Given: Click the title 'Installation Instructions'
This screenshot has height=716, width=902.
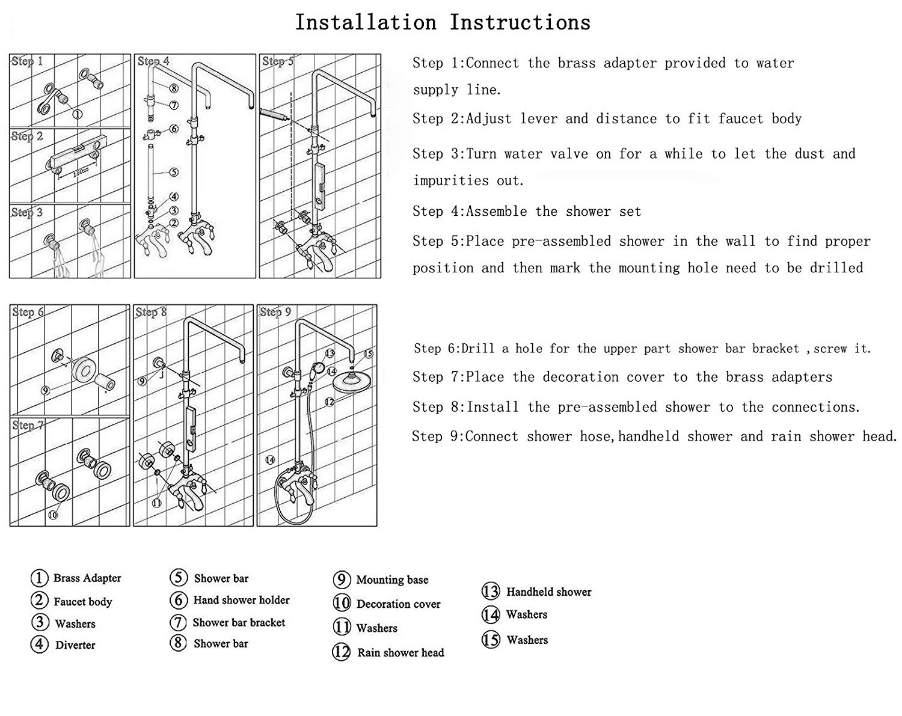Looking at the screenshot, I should coord(443,23).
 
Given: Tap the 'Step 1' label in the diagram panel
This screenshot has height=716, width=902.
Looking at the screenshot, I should coord(28,61).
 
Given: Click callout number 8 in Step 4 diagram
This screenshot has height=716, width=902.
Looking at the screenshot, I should coord(173,88).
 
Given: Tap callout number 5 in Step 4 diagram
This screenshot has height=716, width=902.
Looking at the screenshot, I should coord(173,172).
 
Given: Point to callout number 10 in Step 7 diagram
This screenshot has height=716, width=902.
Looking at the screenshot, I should coord(52,514).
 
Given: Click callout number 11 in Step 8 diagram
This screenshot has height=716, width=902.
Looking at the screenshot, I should coord(156,503).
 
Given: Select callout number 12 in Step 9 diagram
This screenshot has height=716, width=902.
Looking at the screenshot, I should coord(330,402).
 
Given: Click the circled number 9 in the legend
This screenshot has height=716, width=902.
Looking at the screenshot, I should coord(341,580).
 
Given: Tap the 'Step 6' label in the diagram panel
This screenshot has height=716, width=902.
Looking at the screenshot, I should coord(28,312).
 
